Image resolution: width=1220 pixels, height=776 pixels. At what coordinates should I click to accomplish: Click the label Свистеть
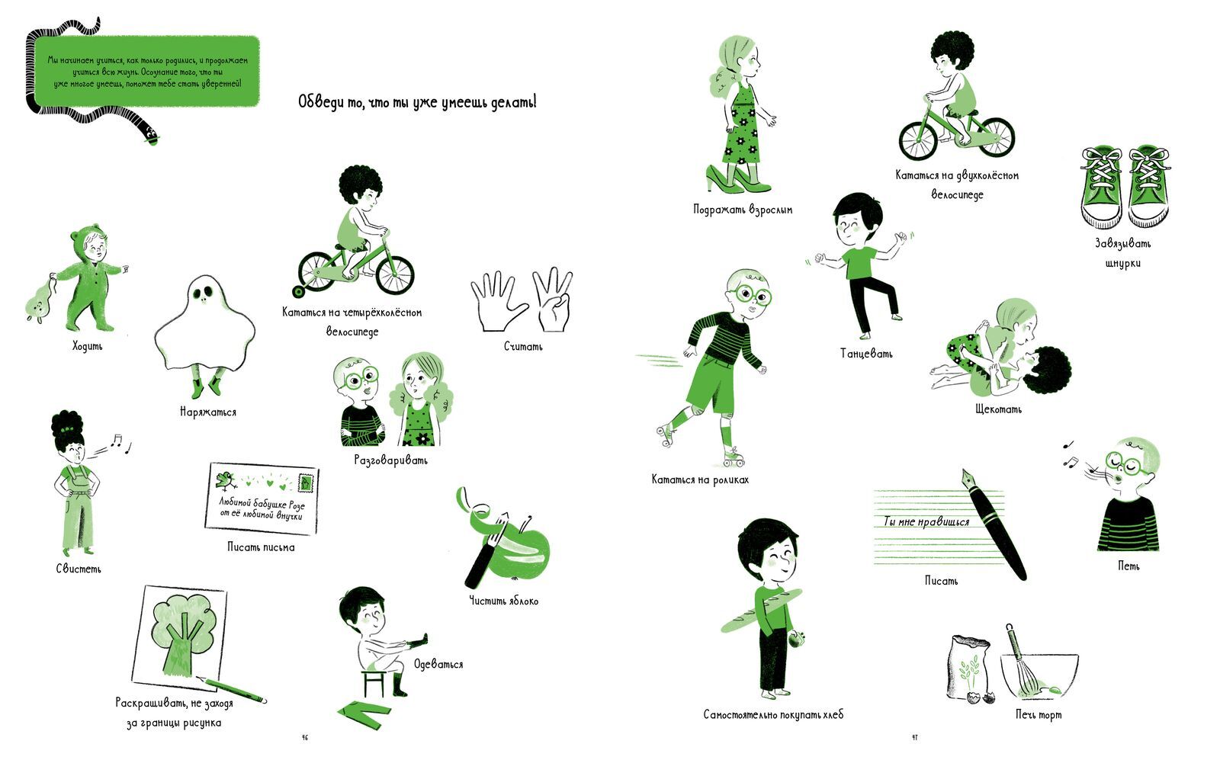tap(79, 569)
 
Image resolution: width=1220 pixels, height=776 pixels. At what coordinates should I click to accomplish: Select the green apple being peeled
tap(523, 551)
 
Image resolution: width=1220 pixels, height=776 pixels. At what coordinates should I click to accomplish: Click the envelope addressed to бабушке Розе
tap(262, 499)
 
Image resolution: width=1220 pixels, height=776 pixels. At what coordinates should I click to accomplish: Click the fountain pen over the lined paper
tap(994, 524)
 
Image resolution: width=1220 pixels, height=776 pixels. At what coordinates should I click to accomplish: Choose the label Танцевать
tap(866, 354)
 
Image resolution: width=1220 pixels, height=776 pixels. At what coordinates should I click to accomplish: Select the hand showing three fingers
tap(552, 300)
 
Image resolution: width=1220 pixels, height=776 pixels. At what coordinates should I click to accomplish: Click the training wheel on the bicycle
tap(298, 292)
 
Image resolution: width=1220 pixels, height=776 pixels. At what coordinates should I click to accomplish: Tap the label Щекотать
tap(998, 409)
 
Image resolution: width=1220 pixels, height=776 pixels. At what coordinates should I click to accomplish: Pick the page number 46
tap(305, 738)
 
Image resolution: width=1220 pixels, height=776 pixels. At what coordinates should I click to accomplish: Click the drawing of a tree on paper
tap(180, 634)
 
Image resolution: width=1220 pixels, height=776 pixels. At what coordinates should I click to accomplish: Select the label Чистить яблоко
tap(504, 601)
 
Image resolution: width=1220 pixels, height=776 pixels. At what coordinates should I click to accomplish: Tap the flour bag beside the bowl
tap(969, 666)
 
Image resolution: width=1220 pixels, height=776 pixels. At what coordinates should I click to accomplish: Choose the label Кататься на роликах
tap(700, 479)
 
